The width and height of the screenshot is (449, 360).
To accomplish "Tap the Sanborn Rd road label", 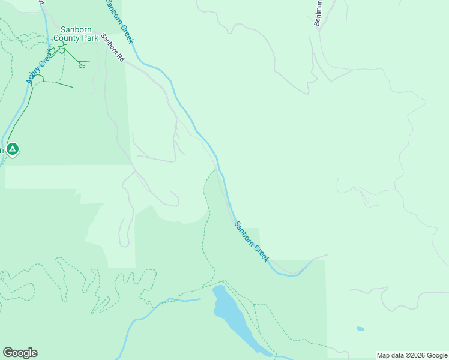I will [112, 48].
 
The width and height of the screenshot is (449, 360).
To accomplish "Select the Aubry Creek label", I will [38, 67].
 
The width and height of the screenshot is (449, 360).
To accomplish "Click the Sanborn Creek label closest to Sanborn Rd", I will [119, 22].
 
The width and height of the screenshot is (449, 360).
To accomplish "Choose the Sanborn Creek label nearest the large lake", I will [251, 242].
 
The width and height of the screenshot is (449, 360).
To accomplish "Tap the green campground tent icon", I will [13, 149].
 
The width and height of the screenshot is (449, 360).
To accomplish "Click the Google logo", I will [20, 353].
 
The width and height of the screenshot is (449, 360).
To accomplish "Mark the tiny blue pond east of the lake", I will [360, 329].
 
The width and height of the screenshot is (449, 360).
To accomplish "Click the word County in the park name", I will [67, 38].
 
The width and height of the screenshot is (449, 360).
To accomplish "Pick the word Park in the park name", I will [90, 38].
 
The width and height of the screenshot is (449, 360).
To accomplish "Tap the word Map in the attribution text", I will [384, 355].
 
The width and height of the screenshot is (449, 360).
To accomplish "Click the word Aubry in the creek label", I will [32, 75].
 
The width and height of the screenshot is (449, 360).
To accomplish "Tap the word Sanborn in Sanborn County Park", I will [76, 29].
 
